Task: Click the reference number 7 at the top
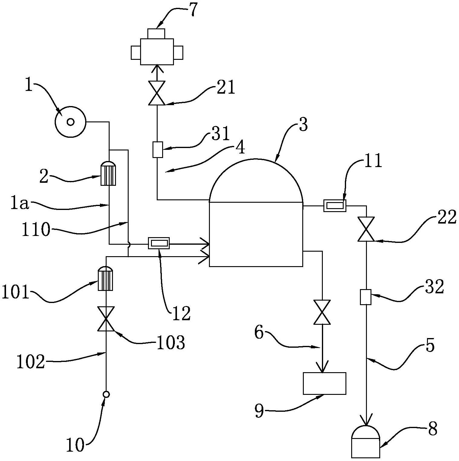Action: click(193, 11)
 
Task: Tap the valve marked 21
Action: click(157, 93)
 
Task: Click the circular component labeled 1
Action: click(70, 122)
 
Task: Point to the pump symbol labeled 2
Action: click(108, 173)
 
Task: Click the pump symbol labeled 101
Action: click(105, 279)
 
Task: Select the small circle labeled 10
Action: click(106, 394)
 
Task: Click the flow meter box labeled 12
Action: click(159, 243)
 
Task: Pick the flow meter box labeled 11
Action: click(335, 206)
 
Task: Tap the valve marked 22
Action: click(366, 229)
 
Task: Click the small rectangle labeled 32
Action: click(366, 297)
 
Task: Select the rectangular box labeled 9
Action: click(324, 383)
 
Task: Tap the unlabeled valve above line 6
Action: click(322, 312)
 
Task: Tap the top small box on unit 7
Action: click(156, 34)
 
